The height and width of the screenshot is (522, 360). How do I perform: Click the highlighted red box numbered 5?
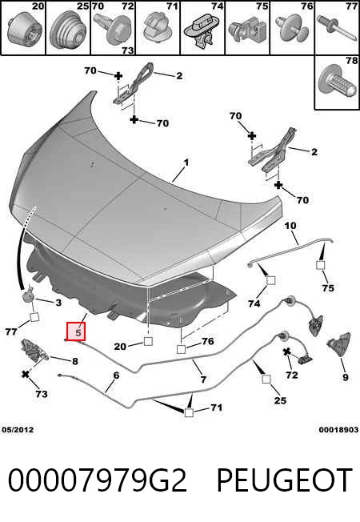pyautogui.click(x=76, y=331)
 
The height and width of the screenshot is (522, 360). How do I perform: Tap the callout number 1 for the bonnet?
pyautogui.click(x=186, y=163)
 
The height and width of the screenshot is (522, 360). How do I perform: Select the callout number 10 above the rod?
pyautogui.click(x=290, y=226)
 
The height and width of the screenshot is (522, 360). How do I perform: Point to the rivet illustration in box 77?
pyautogui.click(x=337, y=28)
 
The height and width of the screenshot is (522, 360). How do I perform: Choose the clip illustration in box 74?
pyautogui.click(x=202, y=32)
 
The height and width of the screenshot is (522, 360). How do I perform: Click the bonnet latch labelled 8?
pyautogui.click(x=34, y=351)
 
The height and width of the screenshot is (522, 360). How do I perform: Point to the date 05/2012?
pyautogui.click(x=18, y=430)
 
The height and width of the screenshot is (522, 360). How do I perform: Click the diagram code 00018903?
pyautogui.click(x=338, y=430)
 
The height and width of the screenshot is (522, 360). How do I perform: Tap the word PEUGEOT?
pyautogui.click(x=285, y=480)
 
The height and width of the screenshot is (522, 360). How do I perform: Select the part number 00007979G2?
pyautogui.click(x=97, y=480)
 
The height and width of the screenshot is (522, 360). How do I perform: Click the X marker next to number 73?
pyautogui.click(x=26, y=374)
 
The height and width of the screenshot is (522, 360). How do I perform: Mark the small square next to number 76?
pyautogui.click(x=181, y=349)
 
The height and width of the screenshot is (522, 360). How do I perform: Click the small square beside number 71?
pyautogui.click(x=189, y=412)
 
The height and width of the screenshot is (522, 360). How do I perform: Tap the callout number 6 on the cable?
pyautogui.click(x=116, y=375)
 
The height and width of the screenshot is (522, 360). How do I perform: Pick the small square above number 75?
pyautogui.click(x=320, y=265)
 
